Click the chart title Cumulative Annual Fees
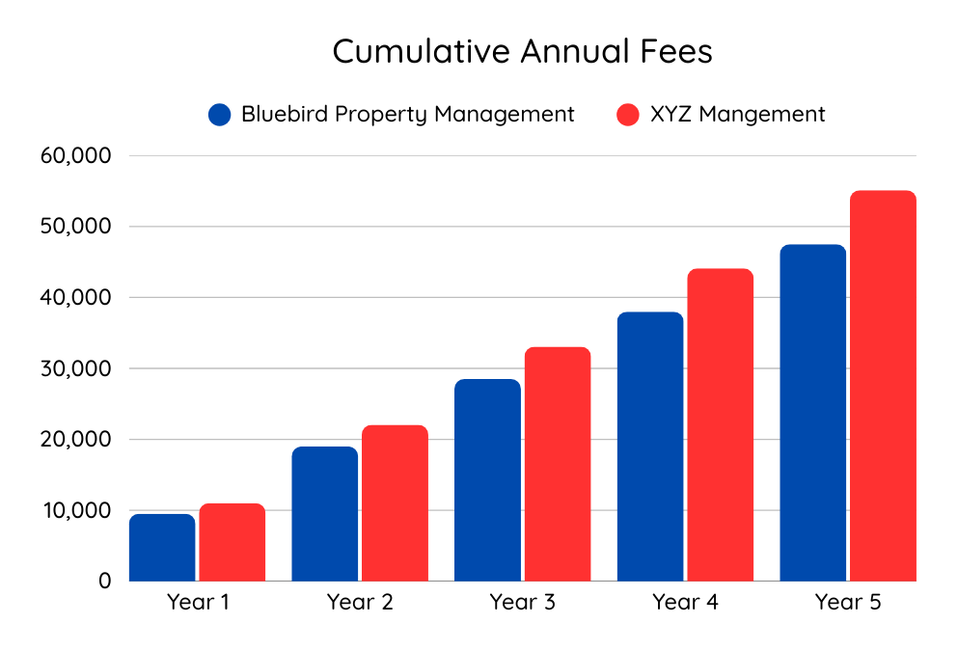(x=522, y=52)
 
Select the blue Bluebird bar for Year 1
(x=162, y=548)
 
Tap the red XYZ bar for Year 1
(x=233, y=542)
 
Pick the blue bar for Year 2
(x=324, y=514)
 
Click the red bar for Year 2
(x=395, y=503)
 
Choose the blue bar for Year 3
(x=487, y=480)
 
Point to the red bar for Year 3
(x=558, y=464)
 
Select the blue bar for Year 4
(x=650, y=447)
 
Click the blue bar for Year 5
(x=813, y=413)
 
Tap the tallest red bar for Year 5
(x=883, y=386)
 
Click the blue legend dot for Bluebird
(x=220, y=115)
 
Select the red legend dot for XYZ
(x=628, y=115)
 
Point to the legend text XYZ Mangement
(x=737, y=115)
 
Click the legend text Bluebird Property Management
(x=407, y=115)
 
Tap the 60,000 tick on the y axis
(x=77, y=155)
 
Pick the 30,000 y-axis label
(x=77, y=368)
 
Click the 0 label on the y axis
(x=104, y=581)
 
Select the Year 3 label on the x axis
(x=522, y=604)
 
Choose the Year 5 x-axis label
(x=848, y=604)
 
